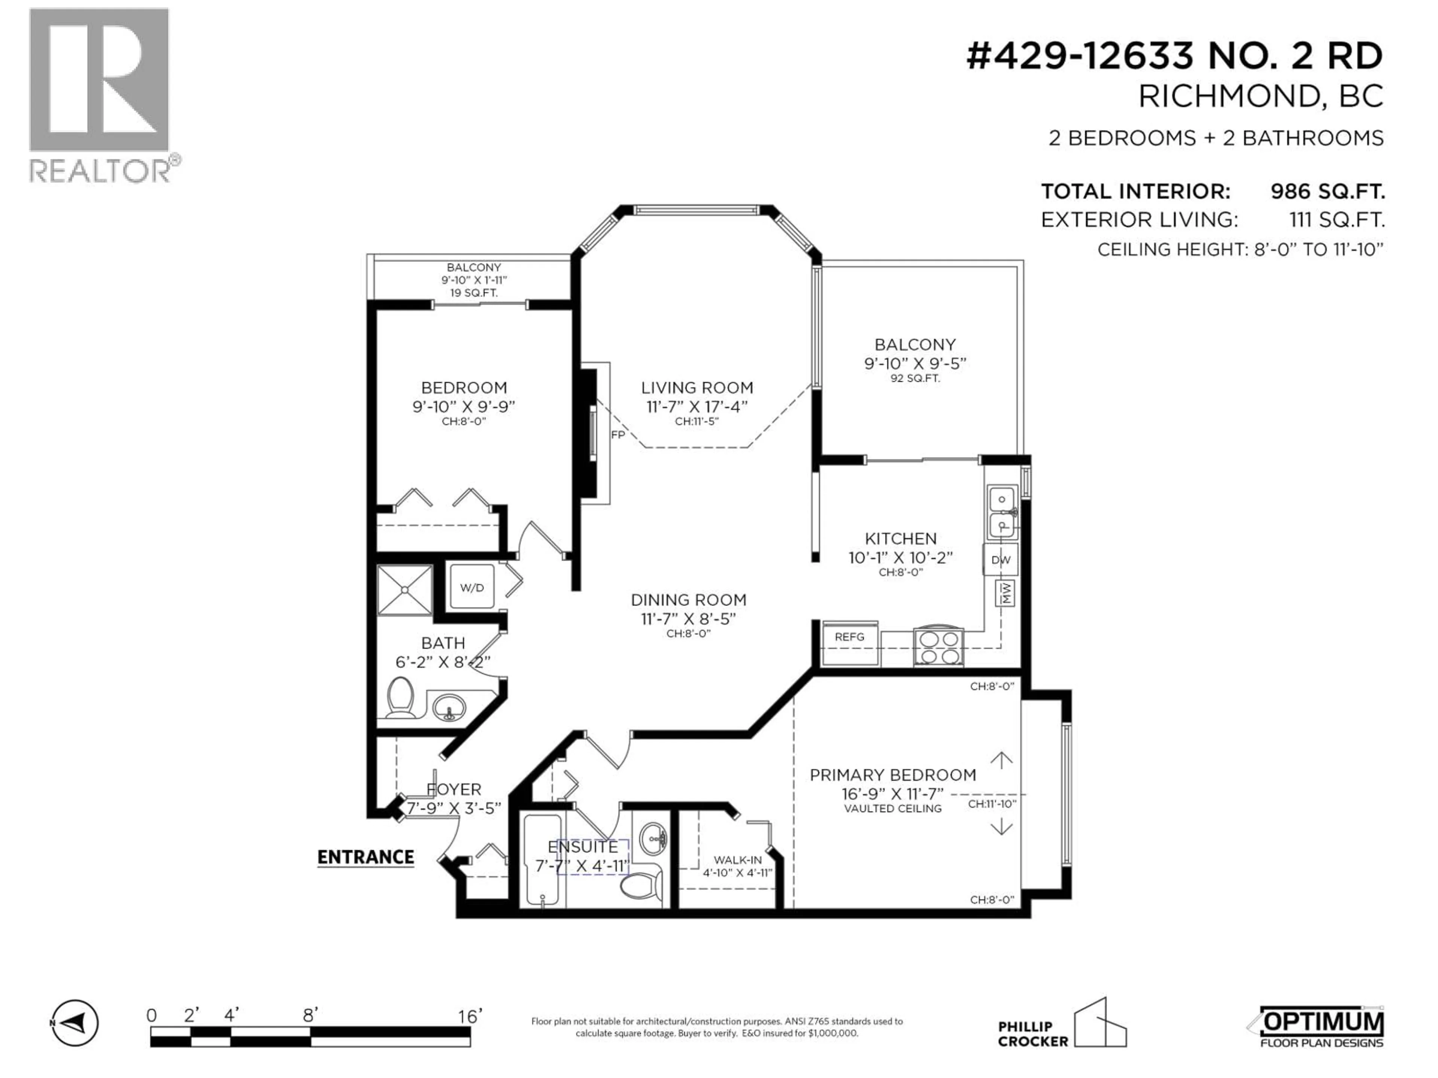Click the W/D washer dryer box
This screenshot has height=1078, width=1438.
(472, 587)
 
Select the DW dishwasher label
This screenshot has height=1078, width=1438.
(1001, 560)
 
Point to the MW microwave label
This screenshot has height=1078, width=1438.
(1006, 593)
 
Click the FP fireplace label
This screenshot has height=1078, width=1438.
(618, 435)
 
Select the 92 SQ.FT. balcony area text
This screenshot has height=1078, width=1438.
(915, 378)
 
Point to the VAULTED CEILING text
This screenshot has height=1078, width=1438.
(893, 809)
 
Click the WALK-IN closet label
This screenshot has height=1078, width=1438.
(737, 860)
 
